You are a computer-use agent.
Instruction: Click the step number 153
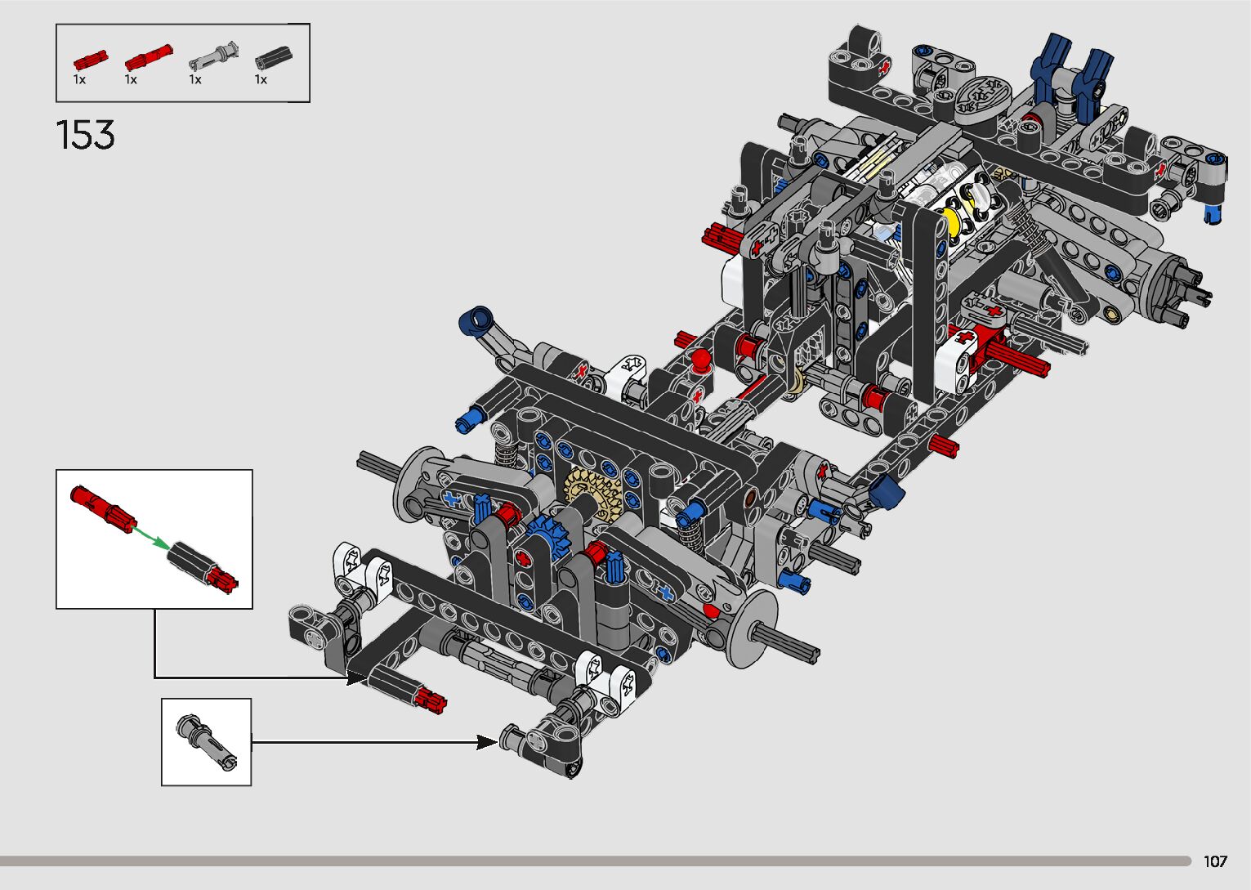point(86,135)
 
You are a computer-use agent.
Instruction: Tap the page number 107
point(1215,861)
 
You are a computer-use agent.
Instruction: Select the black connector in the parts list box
point(274,57)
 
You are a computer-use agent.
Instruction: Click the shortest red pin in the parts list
point(90,60)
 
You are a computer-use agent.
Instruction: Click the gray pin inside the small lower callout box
point(207,742)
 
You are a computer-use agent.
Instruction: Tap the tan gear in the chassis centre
point(593,494)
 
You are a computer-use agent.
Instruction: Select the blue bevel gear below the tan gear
point(548,538)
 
